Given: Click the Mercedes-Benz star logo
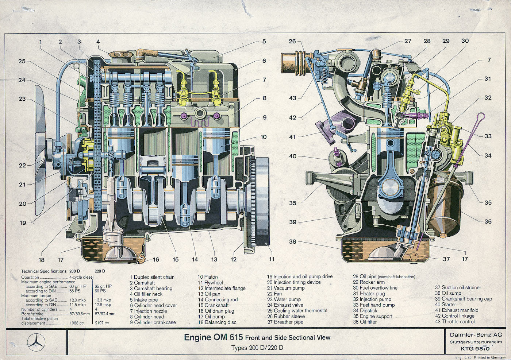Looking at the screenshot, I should [x=36, y=342].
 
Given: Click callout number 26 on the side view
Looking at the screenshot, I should [x=292, y=41].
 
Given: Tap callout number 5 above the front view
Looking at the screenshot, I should [x=264, y=42].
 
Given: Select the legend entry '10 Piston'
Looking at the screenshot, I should [x=208, y=277].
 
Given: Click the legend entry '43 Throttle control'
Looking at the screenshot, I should [x=455, y=322].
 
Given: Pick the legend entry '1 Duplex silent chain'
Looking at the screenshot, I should [x=152, y=277].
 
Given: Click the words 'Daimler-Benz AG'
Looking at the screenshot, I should [x=476, y=334].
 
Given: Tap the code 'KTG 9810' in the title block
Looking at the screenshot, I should [x=475, y=348].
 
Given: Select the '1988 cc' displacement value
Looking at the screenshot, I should [x=76, y=323].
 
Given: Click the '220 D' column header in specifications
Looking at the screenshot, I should [x=100, y=271].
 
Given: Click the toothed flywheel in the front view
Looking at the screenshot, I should [x=261, y=197].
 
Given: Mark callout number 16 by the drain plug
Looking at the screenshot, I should [x=156, y=260].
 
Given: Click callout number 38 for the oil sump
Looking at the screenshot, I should [x=292, y=241].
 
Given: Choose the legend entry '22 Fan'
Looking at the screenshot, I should [x=274, y=294].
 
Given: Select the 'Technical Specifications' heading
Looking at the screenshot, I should [x=44, y=271].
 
